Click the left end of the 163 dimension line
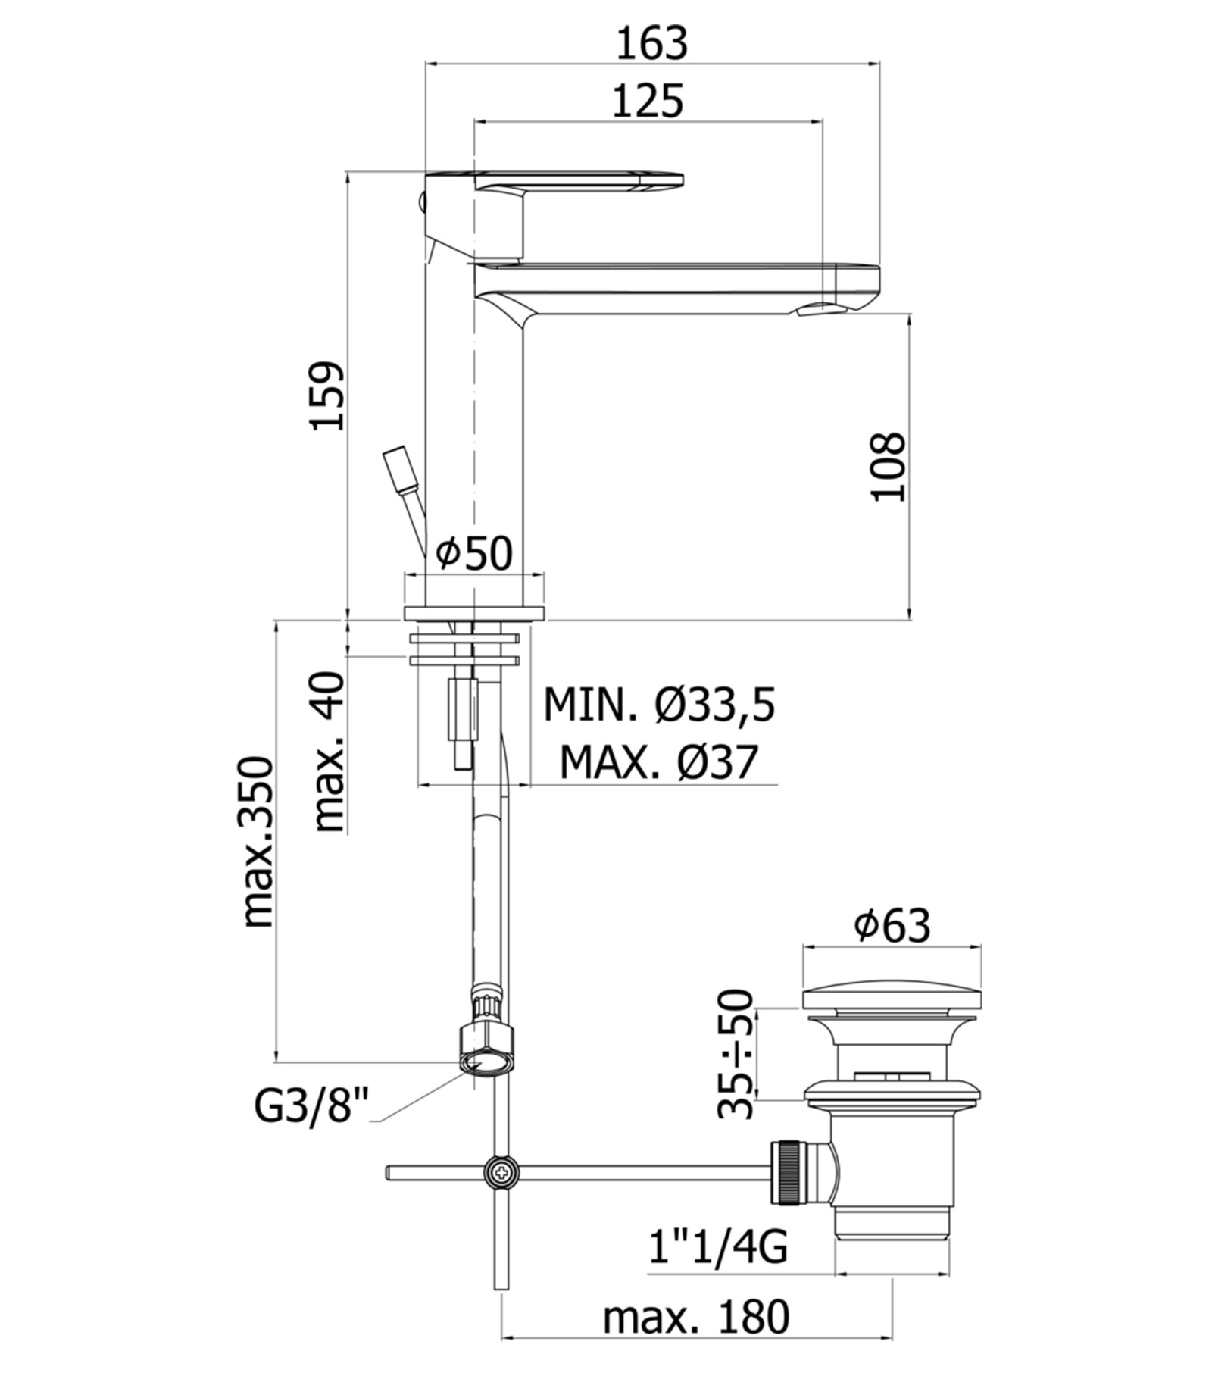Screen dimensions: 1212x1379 [426, 64]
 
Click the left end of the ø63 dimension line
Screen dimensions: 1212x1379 [803, 946]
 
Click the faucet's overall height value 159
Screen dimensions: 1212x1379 [327, 396]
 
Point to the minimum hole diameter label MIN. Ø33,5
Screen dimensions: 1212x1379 [660, 705]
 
